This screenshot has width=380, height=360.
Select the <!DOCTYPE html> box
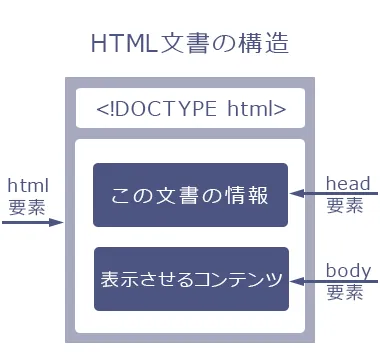[x=190, y=108]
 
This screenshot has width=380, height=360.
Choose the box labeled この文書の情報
[x=190, y=195]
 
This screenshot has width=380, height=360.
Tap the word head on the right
[x=348, y=184]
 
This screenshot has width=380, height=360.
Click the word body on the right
[x=348, y=270]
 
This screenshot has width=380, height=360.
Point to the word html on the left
[x=27, y=185]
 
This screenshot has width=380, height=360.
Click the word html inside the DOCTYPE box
[x=262, y=108]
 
